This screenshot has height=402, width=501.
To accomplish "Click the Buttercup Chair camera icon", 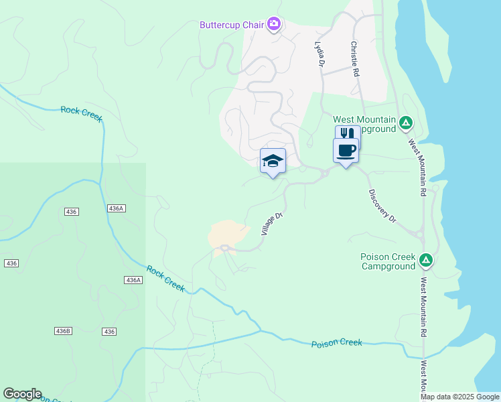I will (x=273, y=25).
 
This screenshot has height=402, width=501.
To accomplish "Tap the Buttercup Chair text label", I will (x=232, y=25).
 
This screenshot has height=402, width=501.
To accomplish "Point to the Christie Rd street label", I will (x=354, y=59).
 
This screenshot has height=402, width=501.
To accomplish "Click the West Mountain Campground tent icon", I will (x=405, y=123).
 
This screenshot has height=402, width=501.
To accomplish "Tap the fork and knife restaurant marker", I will (x=348, y=135).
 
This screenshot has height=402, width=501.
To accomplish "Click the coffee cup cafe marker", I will (x=346, y=151).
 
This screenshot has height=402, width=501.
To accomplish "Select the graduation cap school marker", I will (x=273, y=161).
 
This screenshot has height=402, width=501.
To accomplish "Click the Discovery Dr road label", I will (x=383, y=206).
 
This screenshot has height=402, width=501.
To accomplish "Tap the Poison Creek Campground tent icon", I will (x=425, y=259).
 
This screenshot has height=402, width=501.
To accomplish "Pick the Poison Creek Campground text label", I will (x=388, y=261).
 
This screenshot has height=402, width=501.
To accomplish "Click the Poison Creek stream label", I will (x=336, y=343).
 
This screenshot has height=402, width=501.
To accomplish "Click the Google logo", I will (x=22, y=394).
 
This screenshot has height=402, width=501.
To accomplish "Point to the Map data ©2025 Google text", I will (x=459, y=397).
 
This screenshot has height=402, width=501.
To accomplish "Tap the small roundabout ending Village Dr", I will (x=224, y=249).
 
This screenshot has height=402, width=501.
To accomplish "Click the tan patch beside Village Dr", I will (x=228, y=233).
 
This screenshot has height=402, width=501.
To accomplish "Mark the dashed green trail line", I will (x=213, y=335).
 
